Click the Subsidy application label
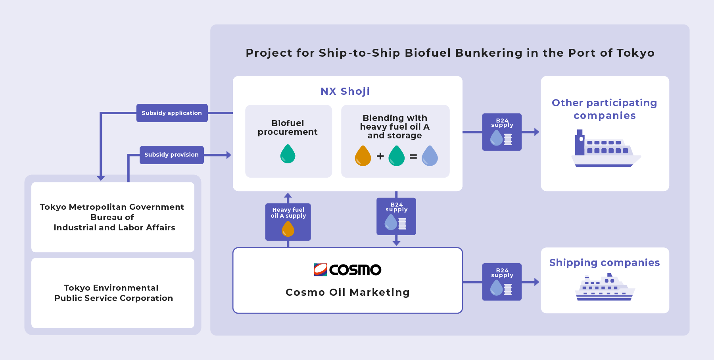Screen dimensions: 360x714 [x=172, y=113]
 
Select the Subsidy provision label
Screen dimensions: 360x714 [x=171, y=155]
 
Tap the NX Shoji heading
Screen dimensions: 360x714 [x=345, y=91]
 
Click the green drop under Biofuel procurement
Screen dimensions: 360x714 [x=288, y=154]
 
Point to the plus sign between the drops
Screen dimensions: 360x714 [x=380, y=156]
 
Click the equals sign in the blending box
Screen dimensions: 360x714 [x=413, y=156]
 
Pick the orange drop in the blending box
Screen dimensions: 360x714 [x=363, y=155]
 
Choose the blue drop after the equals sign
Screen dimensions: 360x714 [x=430, y=155]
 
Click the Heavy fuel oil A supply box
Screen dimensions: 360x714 [x=288, y=222]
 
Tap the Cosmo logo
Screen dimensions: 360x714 [x=347, y=270]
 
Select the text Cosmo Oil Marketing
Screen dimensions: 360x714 [x=347, y=292]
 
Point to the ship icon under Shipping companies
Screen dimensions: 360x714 [x=605, y=287]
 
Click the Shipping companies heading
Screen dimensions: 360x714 [x=605, y=262]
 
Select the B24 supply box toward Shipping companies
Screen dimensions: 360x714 [x=502, y=282]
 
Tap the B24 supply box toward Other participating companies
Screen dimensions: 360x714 [x=502, y=132]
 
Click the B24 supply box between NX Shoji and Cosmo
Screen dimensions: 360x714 [x=396, y=216]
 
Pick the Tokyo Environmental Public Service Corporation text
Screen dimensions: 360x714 [x=113, y=293]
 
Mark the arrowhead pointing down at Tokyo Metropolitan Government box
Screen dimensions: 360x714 [x=101, y=178]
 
